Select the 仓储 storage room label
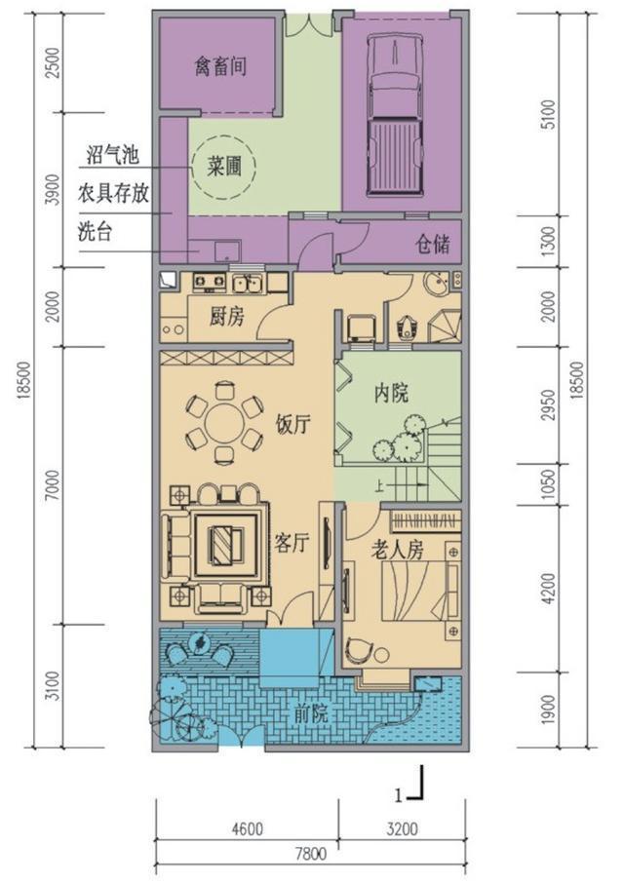[x=433, y=244]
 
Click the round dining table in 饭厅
[x=225, y=427]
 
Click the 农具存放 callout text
[x=113, y=194]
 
